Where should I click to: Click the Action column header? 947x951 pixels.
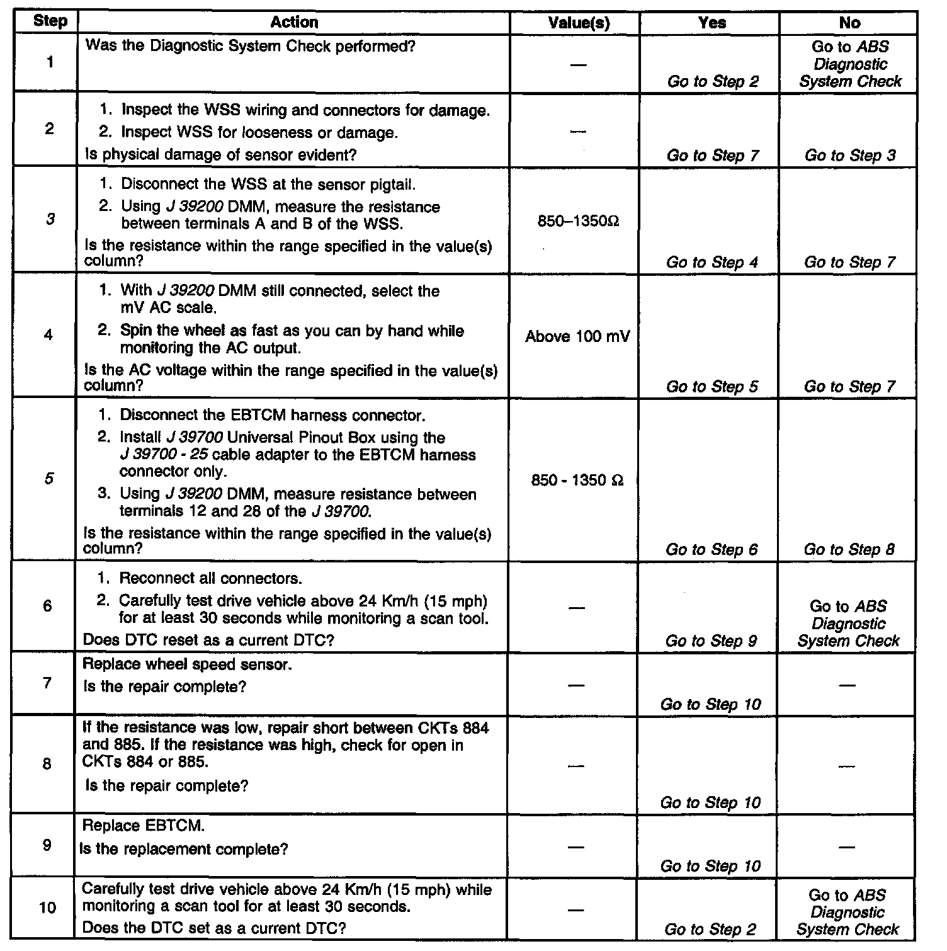[294, 23]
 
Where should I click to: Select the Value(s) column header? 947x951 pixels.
[579, 23]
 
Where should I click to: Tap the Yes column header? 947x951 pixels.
[712, 23]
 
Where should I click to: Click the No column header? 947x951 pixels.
[849, 23]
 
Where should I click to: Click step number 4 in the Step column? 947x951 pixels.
[48, 335]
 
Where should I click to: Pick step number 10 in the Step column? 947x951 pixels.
[48, 908]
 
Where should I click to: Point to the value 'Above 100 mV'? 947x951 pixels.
[577, 337]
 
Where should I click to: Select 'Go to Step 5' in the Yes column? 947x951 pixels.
[712, 387]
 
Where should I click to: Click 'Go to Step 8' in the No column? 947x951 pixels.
[849, 550]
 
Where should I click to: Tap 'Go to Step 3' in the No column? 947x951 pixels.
[849, 156]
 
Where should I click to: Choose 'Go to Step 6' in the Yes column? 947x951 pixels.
[712, 550]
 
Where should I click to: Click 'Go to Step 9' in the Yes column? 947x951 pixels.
[711, 641]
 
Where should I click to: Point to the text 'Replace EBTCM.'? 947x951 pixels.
[144, 825]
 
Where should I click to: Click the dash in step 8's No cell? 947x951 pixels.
[848, 766]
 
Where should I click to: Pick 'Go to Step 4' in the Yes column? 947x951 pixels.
[712, 263]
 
